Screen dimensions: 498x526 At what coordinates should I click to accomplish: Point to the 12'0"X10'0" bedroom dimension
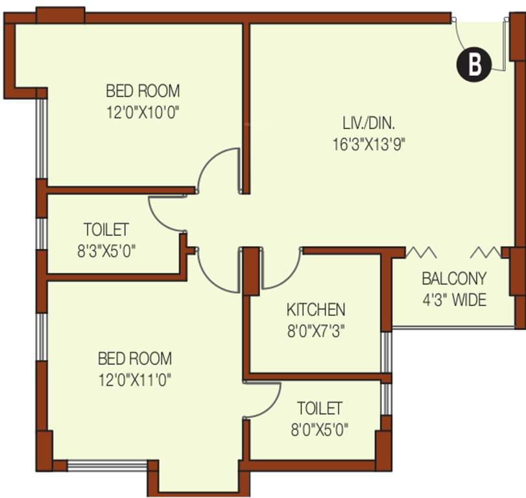click(143, 112)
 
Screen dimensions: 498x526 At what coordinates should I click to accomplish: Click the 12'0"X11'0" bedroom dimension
click(135, 379)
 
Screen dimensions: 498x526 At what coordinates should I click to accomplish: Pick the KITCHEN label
click(316, 309)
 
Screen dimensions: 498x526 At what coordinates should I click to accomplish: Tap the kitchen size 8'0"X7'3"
click(316, 331)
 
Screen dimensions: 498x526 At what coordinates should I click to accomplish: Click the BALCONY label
click(454, 279)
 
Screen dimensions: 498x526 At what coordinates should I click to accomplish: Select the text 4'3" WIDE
click(454, 300)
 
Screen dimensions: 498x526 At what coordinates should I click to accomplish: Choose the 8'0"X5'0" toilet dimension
click(319, 429)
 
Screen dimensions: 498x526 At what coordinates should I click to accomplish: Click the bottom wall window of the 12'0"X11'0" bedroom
click(107, 466)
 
